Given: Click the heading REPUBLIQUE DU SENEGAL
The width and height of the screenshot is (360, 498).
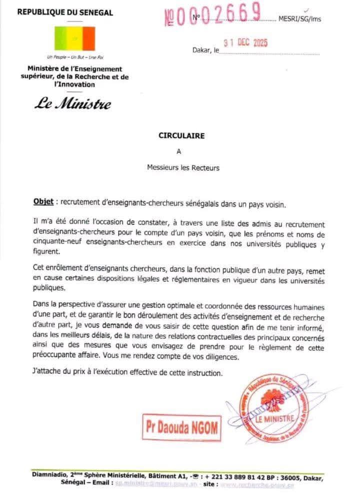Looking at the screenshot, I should click(x=65, y=13).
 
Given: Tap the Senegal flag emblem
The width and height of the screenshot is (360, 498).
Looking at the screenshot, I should click(x=74, y=38).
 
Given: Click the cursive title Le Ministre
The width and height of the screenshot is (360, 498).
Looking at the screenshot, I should click(x=72, y=104).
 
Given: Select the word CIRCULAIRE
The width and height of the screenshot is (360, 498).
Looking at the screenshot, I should click(x=182, y=135).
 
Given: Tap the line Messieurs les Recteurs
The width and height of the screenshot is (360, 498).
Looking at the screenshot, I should click(x=183, y=168).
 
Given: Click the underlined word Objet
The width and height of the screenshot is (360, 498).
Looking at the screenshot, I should click(x=43, y=201).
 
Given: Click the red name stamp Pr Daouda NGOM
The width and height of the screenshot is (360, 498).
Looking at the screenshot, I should click(x=181, y=427).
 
